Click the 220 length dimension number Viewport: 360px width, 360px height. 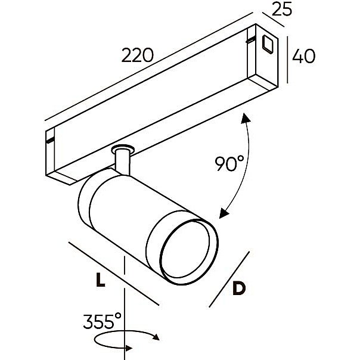click(x=138, y=55)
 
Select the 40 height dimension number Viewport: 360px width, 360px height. click(x=304, y=57)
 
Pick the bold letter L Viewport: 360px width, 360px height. click(x=101, y=280)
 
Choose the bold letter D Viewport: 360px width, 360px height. click(x=238, y=289)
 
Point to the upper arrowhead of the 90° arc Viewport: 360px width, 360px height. click(x=245, y=118)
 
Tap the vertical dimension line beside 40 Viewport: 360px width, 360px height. click(x=289, y=60)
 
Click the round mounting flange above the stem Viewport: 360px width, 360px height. click(x=123, y=147)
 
